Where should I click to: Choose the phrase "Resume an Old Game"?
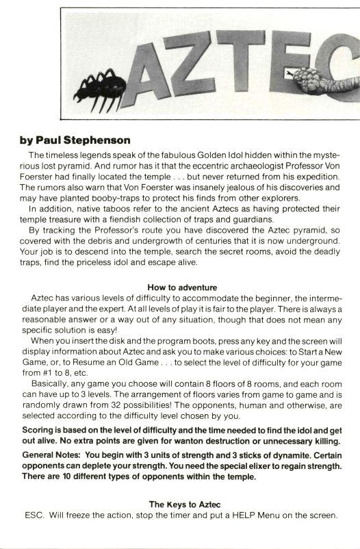[100, 363]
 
